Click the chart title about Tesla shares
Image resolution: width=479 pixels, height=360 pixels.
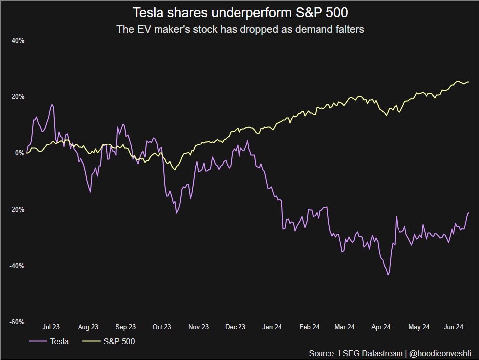pos(239,12)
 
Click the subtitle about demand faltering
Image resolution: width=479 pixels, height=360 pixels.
pos(240,29)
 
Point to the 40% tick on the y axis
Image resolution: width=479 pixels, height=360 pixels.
pos(18,41)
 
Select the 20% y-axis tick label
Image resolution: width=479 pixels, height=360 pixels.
pos(18,97)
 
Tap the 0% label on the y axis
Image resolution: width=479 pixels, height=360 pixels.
pos(20,153)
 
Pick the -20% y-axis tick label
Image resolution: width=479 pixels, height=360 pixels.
pos(17,210)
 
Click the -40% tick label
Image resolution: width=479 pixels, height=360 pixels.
pos(17,266)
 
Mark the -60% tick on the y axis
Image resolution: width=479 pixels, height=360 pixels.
pos(17,322)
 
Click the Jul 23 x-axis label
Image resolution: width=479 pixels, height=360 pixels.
pos(51,327)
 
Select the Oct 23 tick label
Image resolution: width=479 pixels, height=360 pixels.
pos(161,327)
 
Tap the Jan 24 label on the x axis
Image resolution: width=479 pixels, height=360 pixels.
pos(272,327)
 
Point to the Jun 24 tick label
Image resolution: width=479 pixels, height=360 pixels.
pos(453,327)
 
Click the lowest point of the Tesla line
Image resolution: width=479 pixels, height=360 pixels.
pos(388,275)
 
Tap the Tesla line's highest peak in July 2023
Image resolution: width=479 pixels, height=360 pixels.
pos(51,105)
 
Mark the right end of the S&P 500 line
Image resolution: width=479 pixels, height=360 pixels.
pos(468,82)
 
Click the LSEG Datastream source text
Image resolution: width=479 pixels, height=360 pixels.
pos(356,353)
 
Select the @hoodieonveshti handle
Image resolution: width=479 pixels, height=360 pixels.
pos(441,353)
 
